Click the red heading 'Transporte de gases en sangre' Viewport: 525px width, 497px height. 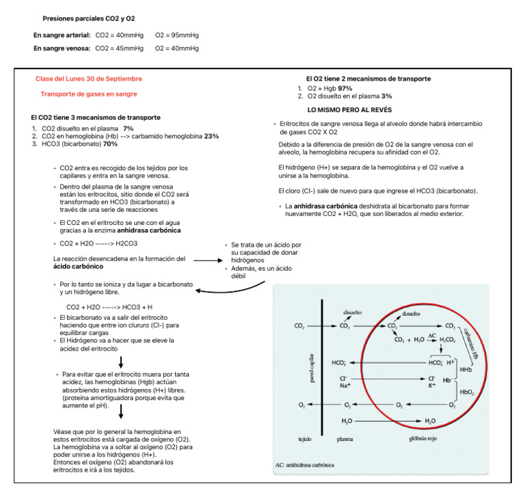point(89,94)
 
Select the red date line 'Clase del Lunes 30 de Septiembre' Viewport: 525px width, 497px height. point(89,79)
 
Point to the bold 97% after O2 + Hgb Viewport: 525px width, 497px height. point(345,88)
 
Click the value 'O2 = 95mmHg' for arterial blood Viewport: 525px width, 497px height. point(177,34)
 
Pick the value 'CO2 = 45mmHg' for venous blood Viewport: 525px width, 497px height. point(120,49)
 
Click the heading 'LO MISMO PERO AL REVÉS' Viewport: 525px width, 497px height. point(349,110)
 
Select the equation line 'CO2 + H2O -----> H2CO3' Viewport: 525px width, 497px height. point(99,243)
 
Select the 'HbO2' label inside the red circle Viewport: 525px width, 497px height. point(467,392)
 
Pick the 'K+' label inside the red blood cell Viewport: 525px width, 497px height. point(432,386)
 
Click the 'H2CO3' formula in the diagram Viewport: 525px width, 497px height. point(448,340)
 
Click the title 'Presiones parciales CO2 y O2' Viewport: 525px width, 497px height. point(89,18)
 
